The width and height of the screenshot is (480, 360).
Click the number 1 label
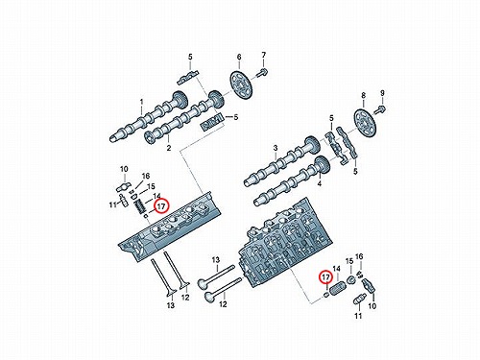[x=142, y=103]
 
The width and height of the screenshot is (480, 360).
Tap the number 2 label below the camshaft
[x=169, y=148]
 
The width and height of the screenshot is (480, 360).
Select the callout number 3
[x=276, y=148]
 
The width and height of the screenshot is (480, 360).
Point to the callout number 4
[x=320, y=183]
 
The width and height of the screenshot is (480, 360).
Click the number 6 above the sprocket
[x=239, y=58]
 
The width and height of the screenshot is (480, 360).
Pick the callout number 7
[x=263, y=55]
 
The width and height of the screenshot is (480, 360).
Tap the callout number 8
[x=363, y=95]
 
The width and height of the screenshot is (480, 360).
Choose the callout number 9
[x=382, y=93]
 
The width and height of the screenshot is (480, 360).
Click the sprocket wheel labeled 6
[x=242, y=84]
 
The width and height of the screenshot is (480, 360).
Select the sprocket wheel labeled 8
[x=366, y=124]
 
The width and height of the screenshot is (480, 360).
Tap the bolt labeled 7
[x=262, y=73]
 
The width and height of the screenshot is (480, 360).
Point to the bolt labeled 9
[x=380, y=108]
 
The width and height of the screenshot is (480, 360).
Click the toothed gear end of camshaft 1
[x=180, y=99]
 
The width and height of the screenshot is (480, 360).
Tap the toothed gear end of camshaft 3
[x=312, y=145]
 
